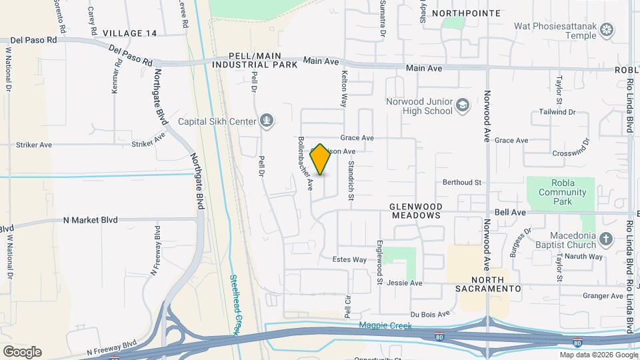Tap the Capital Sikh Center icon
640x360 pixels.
[267, 121]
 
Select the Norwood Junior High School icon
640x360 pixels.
[463, 105]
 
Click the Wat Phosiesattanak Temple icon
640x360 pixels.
[606, 29]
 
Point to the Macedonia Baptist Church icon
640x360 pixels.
[605, 238]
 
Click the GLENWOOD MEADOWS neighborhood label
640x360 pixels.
[416, 211]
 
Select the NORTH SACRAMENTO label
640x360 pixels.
[487, 284]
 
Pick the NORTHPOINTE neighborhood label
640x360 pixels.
[465, 13]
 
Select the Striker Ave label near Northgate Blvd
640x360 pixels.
[148, 142]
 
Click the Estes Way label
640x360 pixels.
[349, 259]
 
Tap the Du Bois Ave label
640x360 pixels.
[430, 313]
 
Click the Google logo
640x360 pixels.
[22, 352]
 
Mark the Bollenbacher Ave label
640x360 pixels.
[305, 164]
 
